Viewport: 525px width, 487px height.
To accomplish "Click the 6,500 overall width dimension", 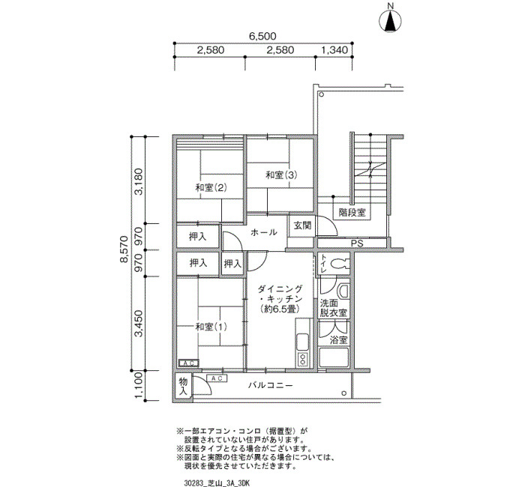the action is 262,36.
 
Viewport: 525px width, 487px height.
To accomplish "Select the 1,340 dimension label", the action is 334,50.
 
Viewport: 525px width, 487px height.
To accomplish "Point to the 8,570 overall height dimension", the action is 124,249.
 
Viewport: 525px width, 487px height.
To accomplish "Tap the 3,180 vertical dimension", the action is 139,181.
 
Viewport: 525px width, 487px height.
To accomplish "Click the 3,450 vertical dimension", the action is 139,324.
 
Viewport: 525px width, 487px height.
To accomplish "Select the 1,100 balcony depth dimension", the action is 139,386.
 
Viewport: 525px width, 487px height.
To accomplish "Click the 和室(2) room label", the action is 211,188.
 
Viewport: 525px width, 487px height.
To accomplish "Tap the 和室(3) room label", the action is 281,175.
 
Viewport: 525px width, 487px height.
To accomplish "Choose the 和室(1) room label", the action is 211,327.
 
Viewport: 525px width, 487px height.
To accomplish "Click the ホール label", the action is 263,232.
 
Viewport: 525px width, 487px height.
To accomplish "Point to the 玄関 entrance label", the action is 302,226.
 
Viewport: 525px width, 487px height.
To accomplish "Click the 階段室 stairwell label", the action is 352,212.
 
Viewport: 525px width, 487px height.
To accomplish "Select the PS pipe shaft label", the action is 357,243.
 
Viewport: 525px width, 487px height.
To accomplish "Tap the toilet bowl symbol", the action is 339,264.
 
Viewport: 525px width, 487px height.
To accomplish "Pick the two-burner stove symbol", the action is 303,359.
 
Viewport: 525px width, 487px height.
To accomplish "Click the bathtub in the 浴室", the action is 334,357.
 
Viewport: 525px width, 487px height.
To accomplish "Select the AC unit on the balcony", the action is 217,378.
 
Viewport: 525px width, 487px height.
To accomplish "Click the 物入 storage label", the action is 183,387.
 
